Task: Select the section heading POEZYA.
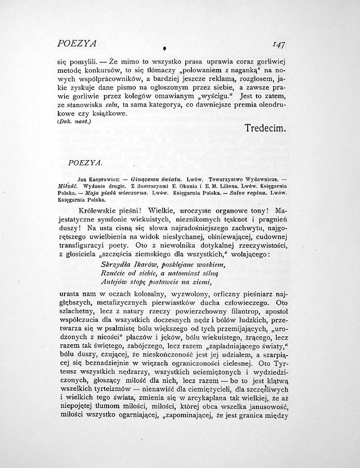coord(85,163)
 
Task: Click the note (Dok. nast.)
coord(74,121)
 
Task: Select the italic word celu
coord(113,105)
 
